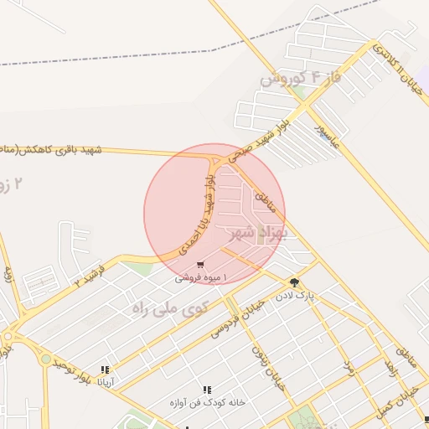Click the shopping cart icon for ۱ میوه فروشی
pyautogui.click(x=200, y=266)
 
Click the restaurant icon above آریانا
pyautogui.click(x=105, y=370)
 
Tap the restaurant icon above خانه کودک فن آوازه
pyautogui.click(x=207, y=390)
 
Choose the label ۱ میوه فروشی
pyautogui.click(x=196, y=277)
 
